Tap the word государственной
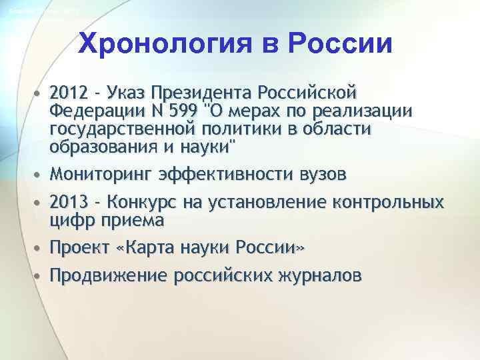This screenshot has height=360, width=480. coord(123,127)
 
